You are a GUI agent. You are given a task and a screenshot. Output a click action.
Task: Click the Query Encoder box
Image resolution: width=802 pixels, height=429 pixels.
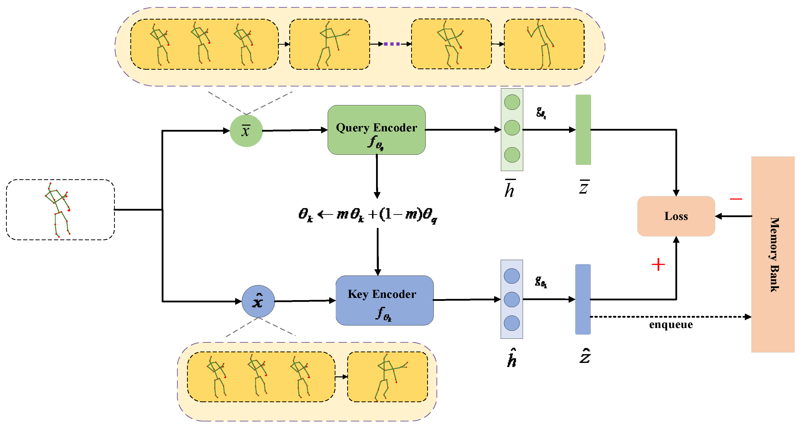[x=376, y=130]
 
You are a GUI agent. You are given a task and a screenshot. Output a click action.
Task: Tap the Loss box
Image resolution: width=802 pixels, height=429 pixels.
[x=676, y=216]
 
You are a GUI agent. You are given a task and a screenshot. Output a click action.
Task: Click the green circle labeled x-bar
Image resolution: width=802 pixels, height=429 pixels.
[x=246, y=131]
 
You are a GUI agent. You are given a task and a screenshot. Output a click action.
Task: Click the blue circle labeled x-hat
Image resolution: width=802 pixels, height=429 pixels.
[x=258, y=301]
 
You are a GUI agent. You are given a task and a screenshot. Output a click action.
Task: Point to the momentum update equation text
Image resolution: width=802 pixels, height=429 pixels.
[x=367, y=215]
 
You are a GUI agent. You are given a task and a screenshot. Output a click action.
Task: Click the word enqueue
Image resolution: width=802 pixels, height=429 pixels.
[x=671, y=324]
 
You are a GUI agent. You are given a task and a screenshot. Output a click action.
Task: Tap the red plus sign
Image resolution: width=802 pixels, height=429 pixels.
[x=658, y=265]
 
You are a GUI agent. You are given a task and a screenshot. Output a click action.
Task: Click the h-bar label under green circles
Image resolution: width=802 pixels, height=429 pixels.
[x=510, y=189]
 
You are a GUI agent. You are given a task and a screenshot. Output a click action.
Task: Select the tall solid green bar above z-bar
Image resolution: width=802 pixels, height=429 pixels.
[x=583, y=130]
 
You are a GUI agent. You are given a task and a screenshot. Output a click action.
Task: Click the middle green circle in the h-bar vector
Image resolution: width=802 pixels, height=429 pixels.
[x=512, y=128]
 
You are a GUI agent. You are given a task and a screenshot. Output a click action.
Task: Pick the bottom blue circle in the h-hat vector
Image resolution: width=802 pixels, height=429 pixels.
[x=511, y=323]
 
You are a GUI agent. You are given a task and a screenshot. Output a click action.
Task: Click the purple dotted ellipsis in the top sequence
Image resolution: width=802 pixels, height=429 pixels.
[x=392, y=44]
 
